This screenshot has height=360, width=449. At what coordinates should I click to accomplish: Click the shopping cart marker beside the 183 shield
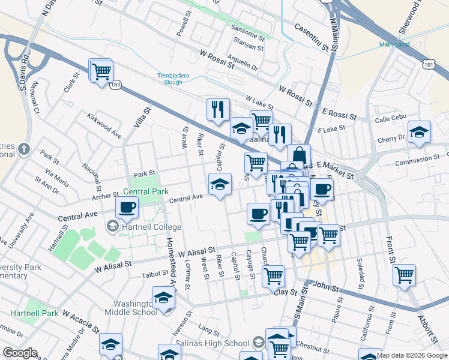101,71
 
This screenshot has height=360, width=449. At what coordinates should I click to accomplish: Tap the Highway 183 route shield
115,85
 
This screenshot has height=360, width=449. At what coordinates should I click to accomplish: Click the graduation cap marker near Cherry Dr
419,132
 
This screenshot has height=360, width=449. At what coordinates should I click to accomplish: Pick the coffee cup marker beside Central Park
127,208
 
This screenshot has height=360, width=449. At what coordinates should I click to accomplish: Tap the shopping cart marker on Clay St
273,277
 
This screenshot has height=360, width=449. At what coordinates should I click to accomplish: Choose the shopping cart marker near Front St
404,275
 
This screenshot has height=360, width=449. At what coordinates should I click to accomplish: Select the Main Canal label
394,44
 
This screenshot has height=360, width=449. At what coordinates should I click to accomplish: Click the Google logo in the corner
19,353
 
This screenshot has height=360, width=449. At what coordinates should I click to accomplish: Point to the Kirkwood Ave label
104,126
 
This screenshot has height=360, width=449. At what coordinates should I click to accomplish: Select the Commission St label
417,160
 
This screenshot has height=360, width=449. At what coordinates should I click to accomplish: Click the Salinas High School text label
203,343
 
